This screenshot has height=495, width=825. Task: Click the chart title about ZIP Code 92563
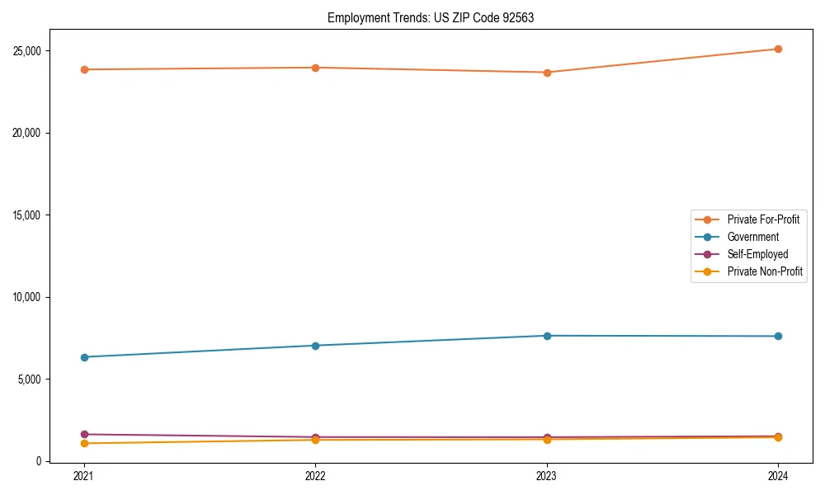click(x=431, y=17)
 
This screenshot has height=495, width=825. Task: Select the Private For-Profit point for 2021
click(x=84, y=69)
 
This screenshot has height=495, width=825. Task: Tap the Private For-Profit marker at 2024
click(x=778, y=49)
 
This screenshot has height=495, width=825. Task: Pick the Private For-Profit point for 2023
click(x=547, y=73)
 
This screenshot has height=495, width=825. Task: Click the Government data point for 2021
click(x=84, y=357)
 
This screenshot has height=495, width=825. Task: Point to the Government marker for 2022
click(x=315, y=346)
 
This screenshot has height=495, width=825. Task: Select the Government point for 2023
click(x=547, y=336)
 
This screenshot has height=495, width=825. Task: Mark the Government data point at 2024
click(x=778, y=337)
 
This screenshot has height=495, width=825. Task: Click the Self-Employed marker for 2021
click(x=84, y=434)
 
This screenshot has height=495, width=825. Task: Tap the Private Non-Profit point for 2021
click(x=84, y=444)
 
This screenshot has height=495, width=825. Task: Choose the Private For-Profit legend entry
click(x=763, y=219)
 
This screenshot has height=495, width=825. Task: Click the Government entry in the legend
click(x=752, y=237)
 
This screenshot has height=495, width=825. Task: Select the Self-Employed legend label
click(x=757, y=254)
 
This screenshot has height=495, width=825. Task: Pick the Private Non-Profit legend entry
click(x=765, y=271)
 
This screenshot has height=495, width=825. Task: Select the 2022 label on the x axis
click(x=315, y=476)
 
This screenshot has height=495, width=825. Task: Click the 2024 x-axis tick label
click(x=778, y=476)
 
